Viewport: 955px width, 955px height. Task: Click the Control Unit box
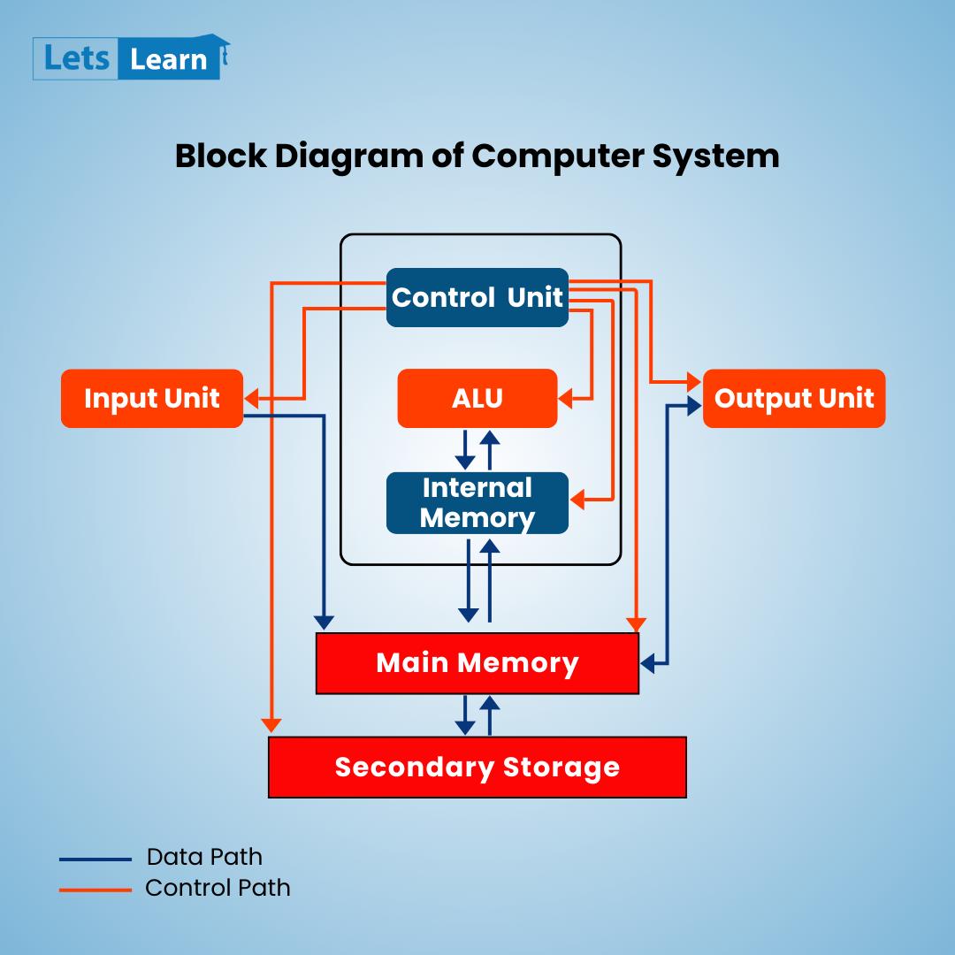coord(477,297)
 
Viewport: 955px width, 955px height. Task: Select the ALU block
coord(477,398)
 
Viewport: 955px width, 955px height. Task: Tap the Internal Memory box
coord(477,502)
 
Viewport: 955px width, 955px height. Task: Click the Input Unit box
coord(151,398)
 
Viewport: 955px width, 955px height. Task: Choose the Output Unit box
coord(793,398)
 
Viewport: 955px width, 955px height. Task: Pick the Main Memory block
coord(477,663)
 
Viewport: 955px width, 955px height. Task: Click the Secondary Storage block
coord(477,767)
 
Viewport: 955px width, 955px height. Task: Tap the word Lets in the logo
coord(76,59)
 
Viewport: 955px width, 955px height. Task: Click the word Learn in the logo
coord(168,59)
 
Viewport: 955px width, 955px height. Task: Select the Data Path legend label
coord(204,857)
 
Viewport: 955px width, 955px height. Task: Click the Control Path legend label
coord(218,887)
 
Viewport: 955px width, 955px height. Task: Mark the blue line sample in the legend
coord(95,859)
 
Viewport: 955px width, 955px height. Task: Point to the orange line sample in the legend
coord(95,889)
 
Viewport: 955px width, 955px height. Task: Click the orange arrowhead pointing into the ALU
coord(566,399)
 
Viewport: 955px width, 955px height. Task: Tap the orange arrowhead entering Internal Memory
coord(577,500)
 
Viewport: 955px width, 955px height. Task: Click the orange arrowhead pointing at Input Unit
coord(251,399)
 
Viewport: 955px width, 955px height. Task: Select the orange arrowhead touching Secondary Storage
coord(271,725)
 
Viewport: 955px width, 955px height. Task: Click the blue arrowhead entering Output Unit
coord(695,406)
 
